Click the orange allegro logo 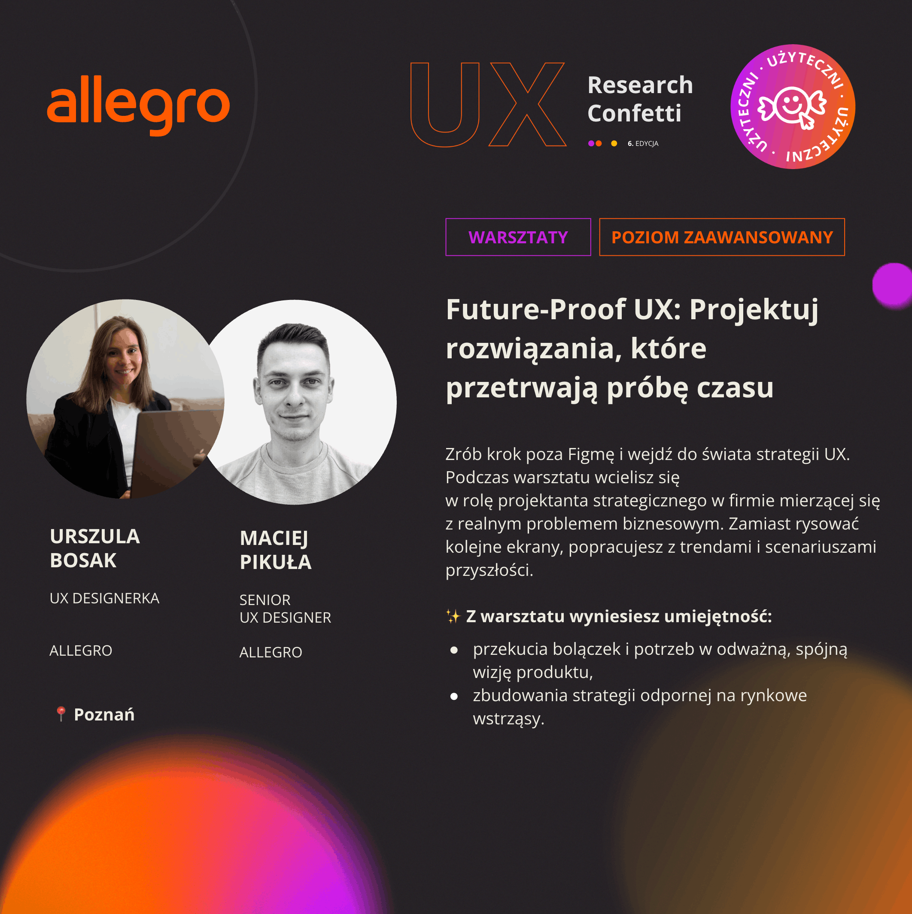click(138, 105)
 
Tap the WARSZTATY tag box click(518, 237)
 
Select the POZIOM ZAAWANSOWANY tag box click(722, 237)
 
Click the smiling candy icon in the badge click(792, 106)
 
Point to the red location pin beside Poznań click(61, 714)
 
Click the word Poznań click(104, 714)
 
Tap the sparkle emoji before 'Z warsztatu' click(453, 617)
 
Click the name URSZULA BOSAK click(94, 548)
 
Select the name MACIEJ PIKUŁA click(275, 550)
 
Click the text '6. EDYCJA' click(643, 143)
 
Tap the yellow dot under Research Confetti click(614, 143)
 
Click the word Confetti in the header click(634, 113)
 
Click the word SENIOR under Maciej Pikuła click(265, 600)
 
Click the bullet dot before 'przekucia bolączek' click(454, 651)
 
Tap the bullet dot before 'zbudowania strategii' click(454, 696)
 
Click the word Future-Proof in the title click(536, 309)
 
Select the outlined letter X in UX click(527, 104)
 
